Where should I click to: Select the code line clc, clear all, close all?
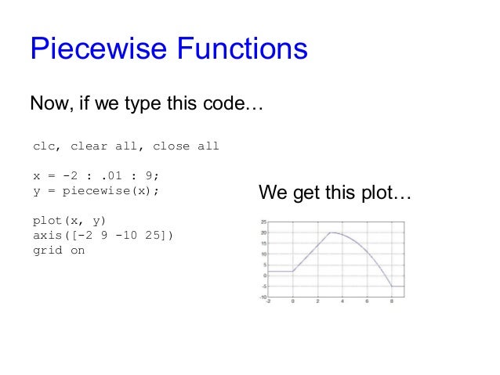point(125,146)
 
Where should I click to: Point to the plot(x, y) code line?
point(71,221)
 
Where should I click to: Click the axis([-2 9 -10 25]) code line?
point(103,236)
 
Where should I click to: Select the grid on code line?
point(58,251)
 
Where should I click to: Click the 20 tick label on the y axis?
point(264,233)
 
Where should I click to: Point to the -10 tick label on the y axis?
point(263,297)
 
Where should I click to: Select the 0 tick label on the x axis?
point(292,301)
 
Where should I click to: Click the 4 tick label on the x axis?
point(342,301)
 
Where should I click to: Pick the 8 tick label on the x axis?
point(392,301)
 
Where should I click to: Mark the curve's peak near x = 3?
point(332,233)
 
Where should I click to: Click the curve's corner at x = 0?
point(292,271)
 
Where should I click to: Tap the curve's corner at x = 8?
point(392,286)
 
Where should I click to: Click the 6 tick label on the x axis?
point(368,301)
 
